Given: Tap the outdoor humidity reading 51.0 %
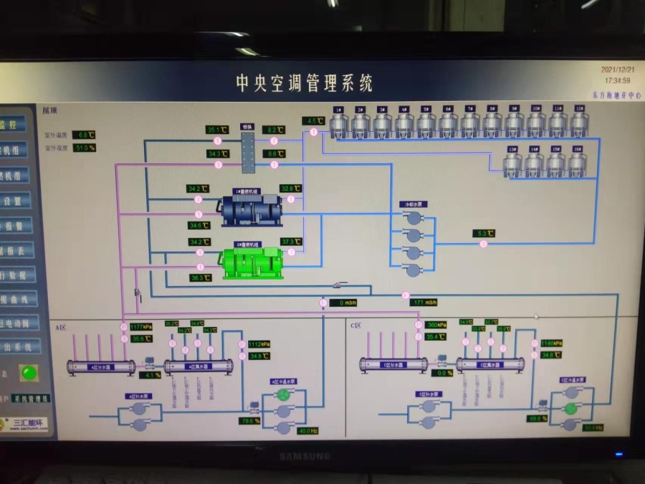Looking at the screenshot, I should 85,148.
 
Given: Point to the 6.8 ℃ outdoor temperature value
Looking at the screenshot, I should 86,134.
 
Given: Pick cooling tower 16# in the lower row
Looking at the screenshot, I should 578,164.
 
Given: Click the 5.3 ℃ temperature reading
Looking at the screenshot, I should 484,233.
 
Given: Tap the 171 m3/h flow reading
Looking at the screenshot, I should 424,302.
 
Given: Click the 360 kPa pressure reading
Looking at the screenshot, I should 436,324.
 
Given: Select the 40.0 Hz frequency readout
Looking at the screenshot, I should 307,430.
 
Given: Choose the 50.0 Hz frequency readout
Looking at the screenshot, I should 593,427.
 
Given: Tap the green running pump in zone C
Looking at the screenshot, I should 570,408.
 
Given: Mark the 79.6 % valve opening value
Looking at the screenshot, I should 251,421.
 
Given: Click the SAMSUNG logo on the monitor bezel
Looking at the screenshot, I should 305,456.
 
